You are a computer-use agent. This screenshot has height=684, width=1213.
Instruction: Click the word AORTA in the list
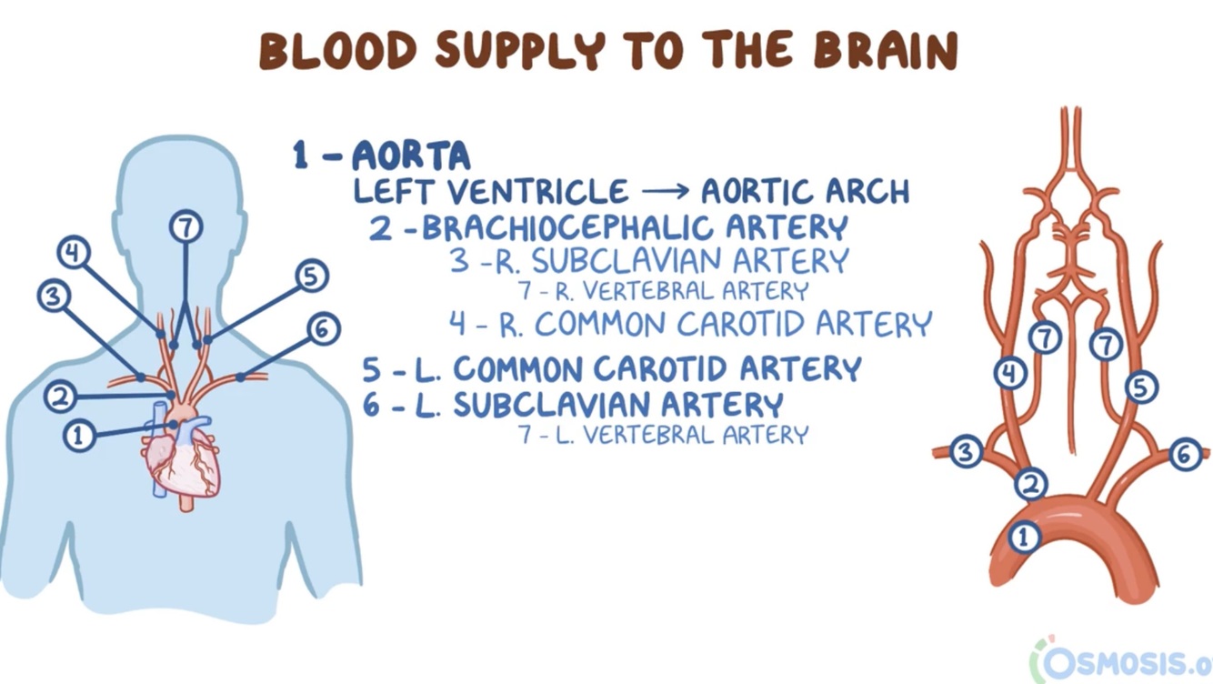[x=411, y=156]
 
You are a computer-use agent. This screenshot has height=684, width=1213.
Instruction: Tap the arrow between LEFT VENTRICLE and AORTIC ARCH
[x=664, y=192]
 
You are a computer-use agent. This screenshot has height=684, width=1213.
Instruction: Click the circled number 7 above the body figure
[x=185, y=226]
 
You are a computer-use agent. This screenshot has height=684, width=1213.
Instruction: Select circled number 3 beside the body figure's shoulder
[x=53, y=296]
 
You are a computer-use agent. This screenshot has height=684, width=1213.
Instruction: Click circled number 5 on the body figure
[x=311, y=276]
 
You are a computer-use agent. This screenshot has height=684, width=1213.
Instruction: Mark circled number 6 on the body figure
[x=323, y=328]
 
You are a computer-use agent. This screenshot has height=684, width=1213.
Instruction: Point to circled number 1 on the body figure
[x=79, y=437]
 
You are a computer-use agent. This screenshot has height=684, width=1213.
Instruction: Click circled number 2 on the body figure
[x=60, y=397]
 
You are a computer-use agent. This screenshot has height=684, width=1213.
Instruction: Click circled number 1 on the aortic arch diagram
[x=1025, y=537]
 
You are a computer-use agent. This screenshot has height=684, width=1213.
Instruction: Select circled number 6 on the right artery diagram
[x=1185, y=453]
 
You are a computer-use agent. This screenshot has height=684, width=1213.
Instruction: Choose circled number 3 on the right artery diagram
[x=967, y=451]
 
